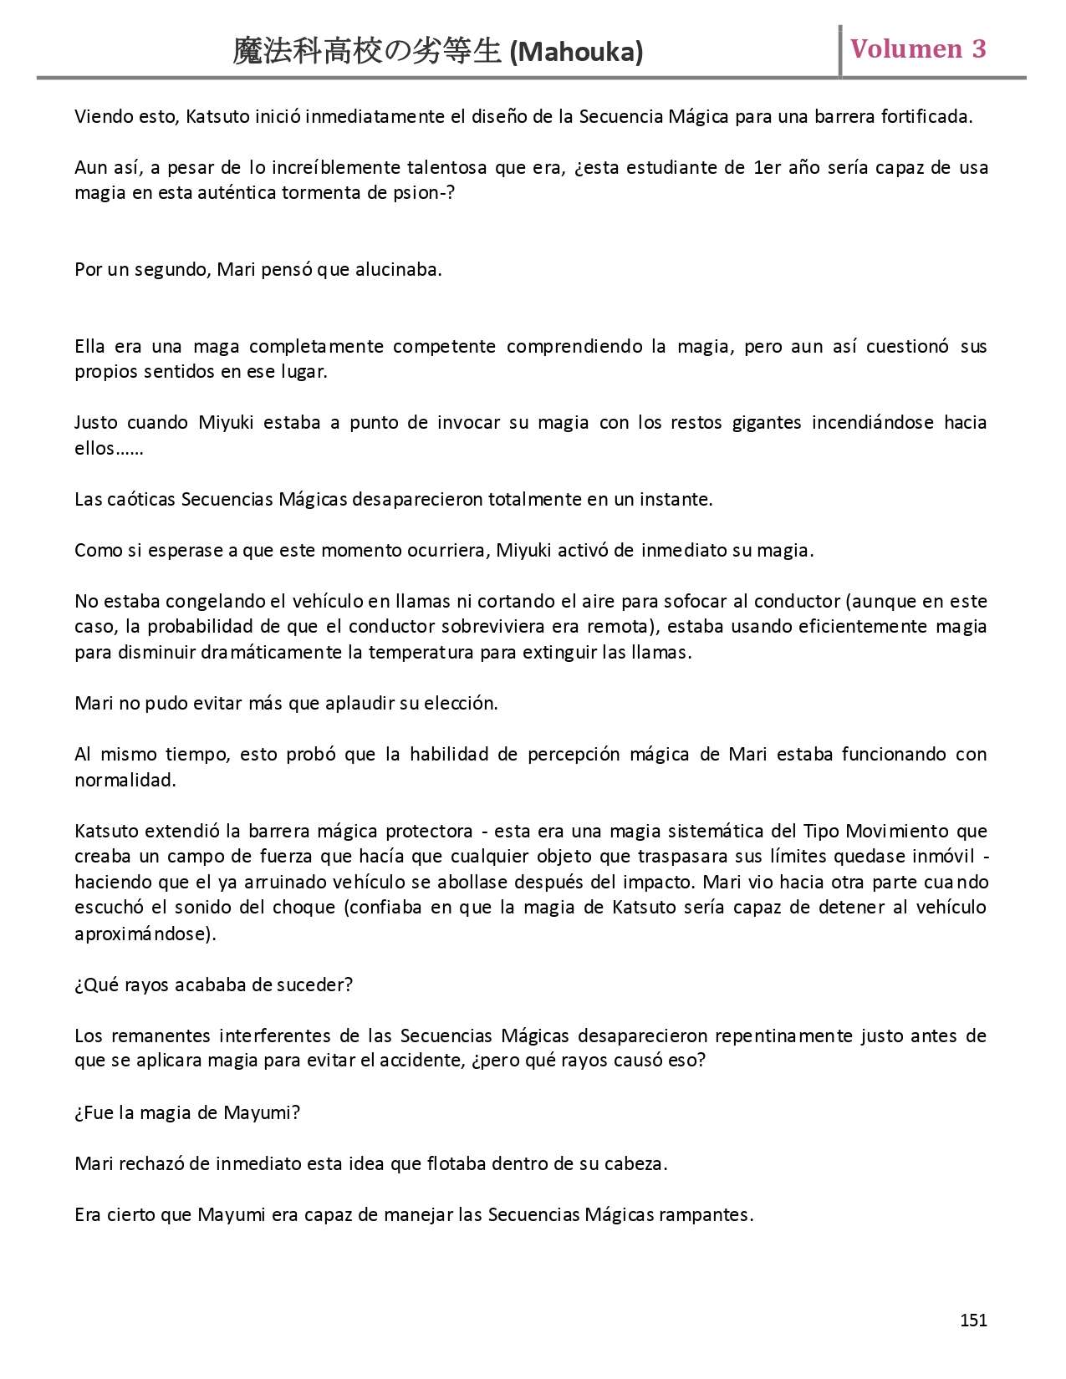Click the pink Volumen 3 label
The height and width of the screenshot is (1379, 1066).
point(918,48)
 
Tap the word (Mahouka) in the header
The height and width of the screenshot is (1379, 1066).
point(576,53)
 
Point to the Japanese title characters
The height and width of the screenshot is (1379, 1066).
point(368,52)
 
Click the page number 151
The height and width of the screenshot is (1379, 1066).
point(973,1320)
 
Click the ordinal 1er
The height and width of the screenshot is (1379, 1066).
point(767,167)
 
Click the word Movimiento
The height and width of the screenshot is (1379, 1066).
point(897,831)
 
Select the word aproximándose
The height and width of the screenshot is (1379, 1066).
point(145,934)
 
